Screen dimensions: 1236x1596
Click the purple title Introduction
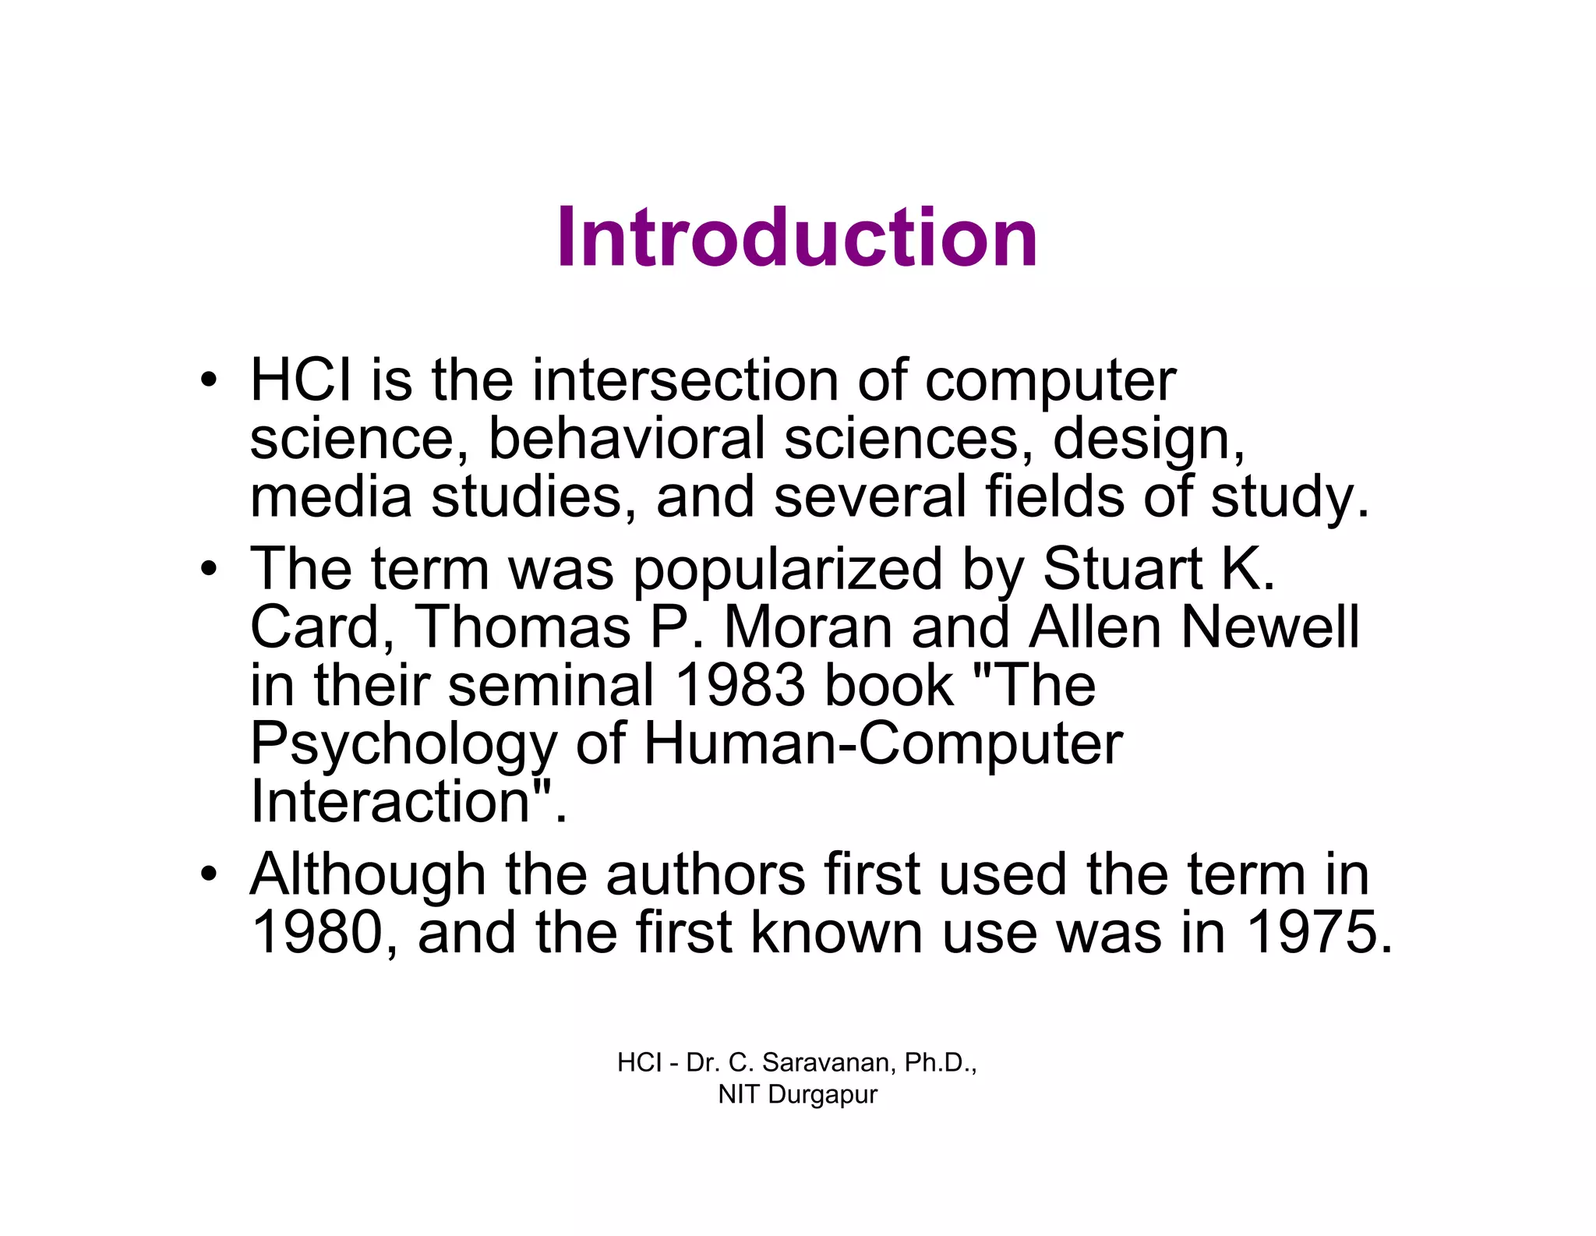coord(796,237)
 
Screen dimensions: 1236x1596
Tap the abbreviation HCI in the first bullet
coord(300,380)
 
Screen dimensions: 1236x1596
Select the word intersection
coord(686,380)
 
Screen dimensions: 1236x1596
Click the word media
coord(330,496)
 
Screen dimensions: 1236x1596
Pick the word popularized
coord(787,569)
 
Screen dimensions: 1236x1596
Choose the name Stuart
coord(1122,569)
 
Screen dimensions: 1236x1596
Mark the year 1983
coord(740,685)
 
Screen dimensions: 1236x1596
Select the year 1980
coord(316,933)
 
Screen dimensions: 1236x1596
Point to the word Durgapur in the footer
coord(822,1094)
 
